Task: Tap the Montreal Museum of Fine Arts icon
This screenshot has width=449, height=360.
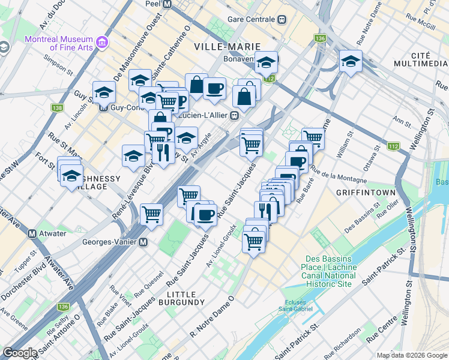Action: coord(101,43)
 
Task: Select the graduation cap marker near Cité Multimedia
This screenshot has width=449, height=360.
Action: coord(351,61)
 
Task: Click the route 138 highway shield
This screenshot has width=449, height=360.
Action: coord(58,108)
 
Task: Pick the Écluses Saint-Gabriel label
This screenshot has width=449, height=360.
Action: coord(298,305)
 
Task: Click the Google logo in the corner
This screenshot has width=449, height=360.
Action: coord(20,353)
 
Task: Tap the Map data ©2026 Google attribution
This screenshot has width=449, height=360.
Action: coord(411,355)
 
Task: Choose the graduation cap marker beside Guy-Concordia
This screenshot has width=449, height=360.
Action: coord(104,92)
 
